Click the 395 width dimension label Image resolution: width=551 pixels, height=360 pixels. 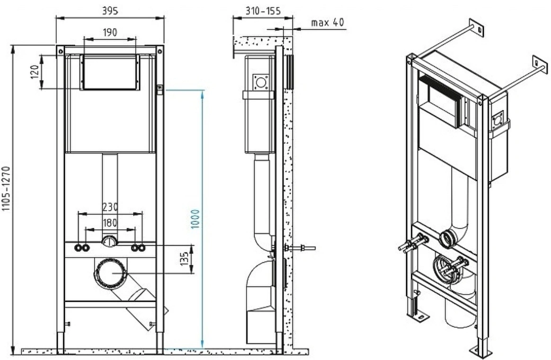(110, 10)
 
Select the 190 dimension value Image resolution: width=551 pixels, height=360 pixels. (110, 32)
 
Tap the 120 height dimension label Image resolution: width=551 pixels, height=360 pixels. (35, 72)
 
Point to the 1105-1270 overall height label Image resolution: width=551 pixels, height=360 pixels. (7, 189)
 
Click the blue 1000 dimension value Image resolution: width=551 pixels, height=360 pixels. (196, 219)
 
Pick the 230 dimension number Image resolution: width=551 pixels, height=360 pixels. (110, 207)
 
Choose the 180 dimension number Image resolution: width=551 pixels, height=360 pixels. (110, 223)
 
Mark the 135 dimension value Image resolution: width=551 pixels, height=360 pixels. (185, 259)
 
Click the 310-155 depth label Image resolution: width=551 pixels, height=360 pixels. (263, 11)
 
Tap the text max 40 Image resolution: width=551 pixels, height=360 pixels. (328, 23)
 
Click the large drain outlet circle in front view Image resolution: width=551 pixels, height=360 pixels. (110, 273)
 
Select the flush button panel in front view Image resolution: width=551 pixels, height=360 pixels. (110, 72)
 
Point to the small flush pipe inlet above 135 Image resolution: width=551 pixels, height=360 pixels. (110, 242)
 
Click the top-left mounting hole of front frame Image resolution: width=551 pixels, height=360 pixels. (61, 51)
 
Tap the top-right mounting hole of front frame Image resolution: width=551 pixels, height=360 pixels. (160, 51)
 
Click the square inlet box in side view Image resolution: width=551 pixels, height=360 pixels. (261, 82)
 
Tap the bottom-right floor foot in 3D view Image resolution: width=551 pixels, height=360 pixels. (479, 350)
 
